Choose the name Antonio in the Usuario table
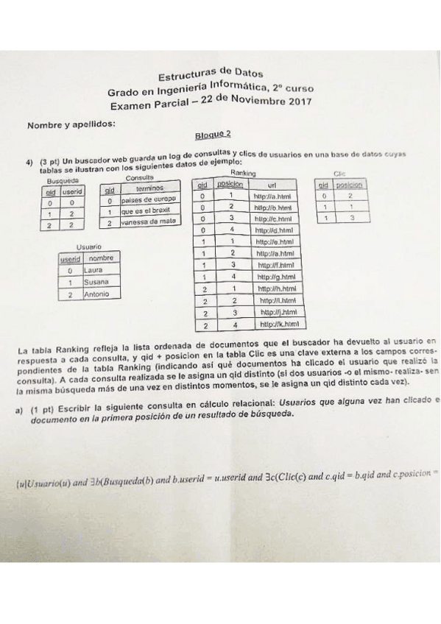[97, 294]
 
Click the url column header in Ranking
[272, 185]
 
